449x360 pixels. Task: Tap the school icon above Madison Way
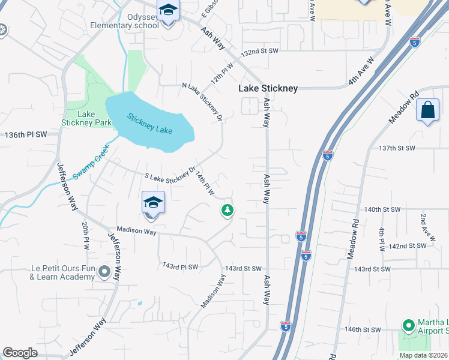coord(154,203)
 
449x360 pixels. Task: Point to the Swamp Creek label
coord(91,162)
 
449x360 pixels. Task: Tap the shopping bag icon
coord(427,110)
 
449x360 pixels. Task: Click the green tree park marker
coord(227,210)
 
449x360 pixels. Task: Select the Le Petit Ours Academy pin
coord(104,273)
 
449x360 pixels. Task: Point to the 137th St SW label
coord(397,148)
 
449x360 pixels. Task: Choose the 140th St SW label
coord(382,209)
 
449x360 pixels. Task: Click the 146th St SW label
coord(364,329)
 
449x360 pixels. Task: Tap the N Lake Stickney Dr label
coord(202,101)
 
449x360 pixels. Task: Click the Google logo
coord(20,352)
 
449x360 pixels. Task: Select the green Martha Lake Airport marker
coord(409,326)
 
